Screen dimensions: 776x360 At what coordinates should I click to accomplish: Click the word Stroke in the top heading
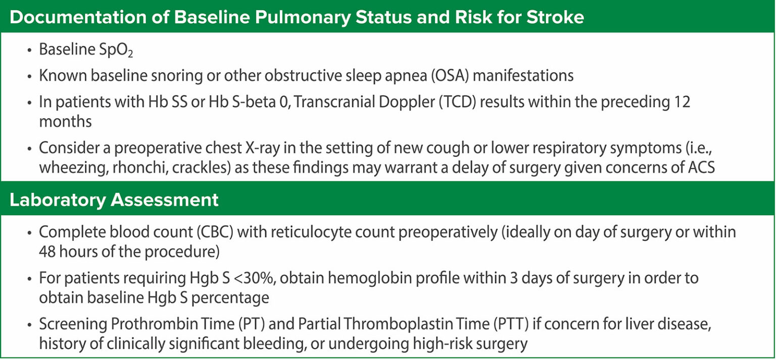[x=555, y=17]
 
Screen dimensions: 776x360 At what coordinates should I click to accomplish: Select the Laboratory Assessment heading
[x=114, y=200]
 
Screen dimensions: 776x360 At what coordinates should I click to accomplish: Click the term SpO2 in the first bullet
[x=116, y=50]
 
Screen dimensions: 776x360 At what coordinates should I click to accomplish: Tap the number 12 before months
[x=682, y=102]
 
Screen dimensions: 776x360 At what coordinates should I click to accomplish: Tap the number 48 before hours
[x=47, y=251]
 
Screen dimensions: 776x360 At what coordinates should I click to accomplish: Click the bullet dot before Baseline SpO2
[x=30, y=50]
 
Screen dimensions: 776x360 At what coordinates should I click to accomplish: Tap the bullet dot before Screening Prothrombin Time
[x=30, y=325]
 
